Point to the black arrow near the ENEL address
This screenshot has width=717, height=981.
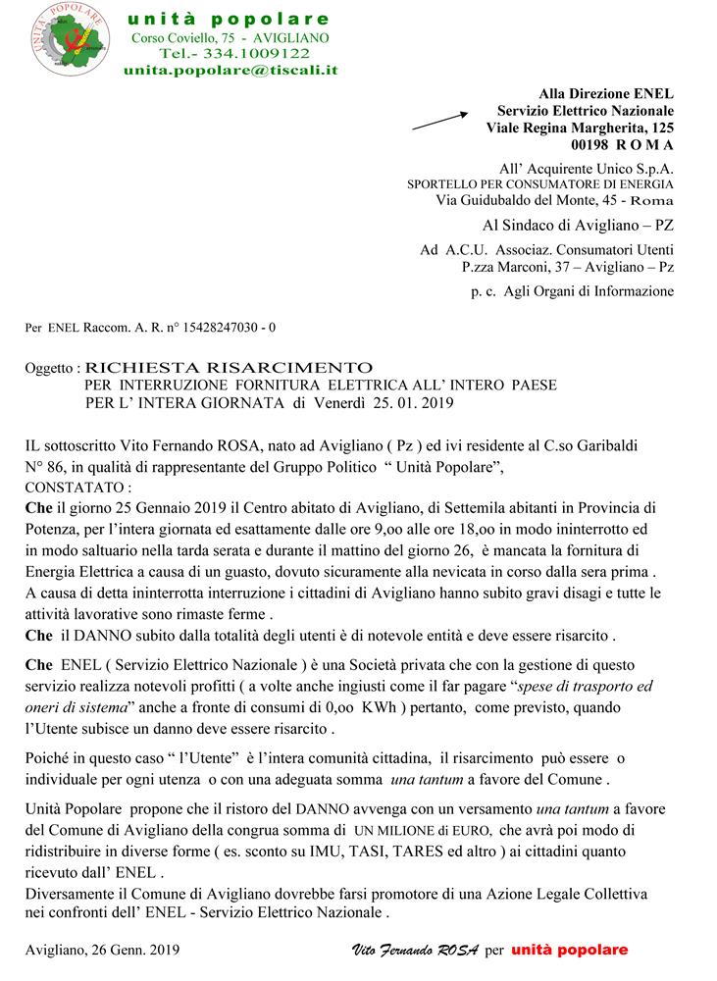tap(442, 120)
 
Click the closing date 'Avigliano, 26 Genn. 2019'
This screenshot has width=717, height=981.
tap(103, 951)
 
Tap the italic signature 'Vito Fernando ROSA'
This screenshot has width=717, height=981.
tap(414, 951)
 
